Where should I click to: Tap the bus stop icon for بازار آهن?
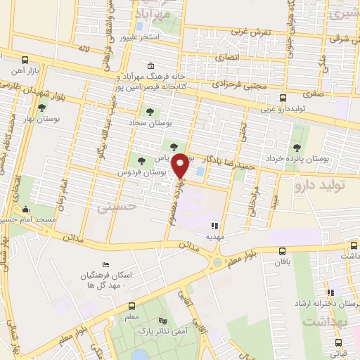25,60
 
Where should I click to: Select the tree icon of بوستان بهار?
42,108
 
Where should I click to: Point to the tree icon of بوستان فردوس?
143,161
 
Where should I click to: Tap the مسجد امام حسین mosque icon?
26,209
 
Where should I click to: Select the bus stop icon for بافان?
283,250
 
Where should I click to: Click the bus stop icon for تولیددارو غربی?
283,98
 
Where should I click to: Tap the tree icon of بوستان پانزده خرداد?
293,147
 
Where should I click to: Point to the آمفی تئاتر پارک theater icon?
165,320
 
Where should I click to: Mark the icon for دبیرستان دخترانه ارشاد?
328,292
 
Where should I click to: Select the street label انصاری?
227,56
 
